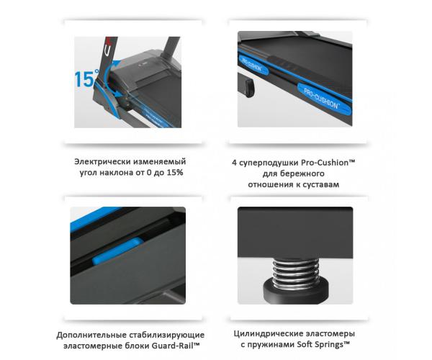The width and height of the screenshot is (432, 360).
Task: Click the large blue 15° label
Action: point(86,78)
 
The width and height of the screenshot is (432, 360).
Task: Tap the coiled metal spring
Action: point(295,274)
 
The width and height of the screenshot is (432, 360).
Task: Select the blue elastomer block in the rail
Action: point(118,251)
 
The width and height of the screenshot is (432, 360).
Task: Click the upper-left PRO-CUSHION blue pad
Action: point(253,66)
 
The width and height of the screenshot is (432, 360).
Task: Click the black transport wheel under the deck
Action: point(249,88)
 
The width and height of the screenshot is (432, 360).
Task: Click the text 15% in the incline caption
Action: point(175,173)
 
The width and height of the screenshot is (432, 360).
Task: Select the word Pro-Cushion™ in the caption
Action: point(328,163)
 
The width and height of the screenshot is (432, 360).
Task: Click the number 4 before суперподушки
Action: point(235,163)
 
